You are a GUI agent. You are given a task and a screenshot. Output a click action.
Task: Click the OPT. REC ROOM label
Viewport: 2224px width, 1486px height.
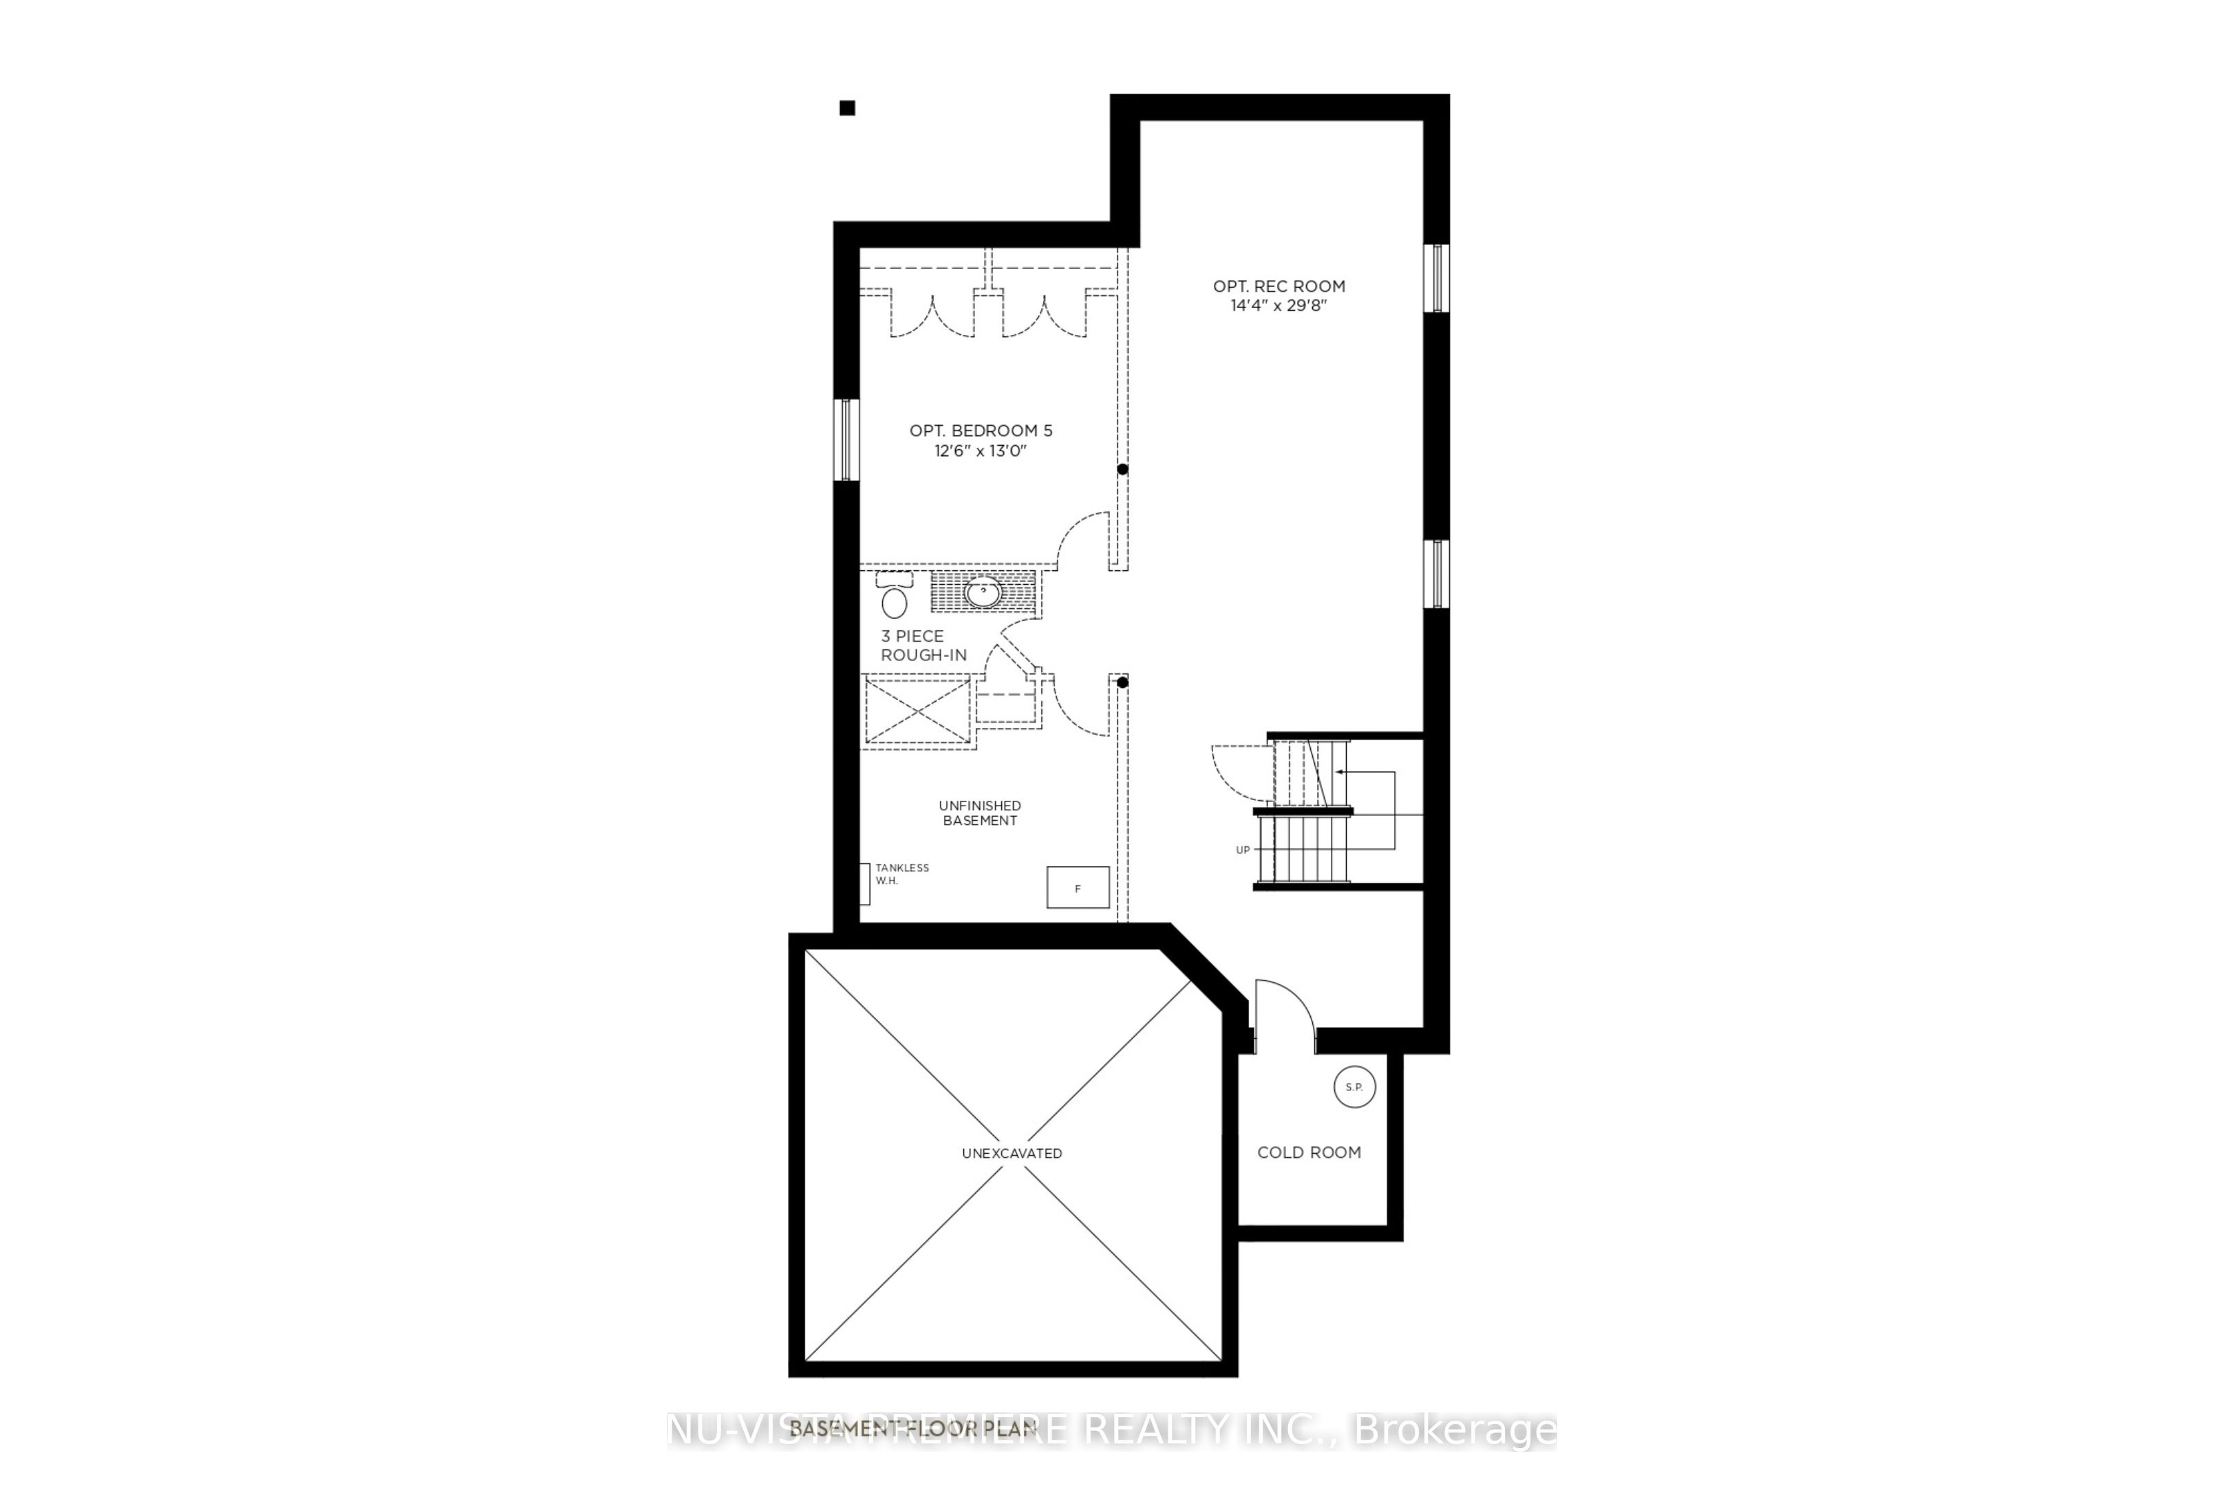1278,286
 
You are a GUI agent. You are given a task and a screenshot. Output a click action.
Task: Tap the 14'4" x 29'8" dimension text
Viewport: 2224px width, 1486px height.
1278,306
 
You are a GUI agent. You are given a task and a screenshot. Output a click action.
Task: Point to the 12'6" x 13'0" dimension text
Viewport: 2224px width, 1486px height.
981,451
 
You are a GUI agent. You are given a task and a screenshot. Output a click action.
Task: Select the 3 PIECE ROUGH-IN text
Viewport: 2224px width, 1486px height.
923,645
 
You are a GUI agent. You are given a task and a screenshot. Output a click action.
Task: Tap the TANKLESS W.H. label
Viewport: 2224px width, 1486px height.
901,874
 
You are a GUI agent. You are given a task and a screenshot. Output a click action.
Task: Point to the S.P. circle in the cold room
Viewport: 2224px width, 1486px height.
1354,1087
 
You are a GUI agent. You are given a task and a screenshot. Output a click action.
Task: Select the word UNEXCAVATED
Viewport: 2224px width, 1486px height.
1012,1153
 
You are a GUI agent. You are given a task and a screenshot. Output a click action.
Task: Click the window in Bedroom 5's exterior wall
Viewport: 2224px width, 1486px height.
846,440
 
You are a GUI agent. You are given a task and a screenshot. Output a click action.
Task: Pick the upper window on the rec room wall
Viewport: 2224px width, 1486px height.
1437,279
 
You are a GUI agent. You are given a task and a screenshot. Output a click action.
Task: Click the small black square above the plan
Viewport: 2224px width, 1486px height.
848,108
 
